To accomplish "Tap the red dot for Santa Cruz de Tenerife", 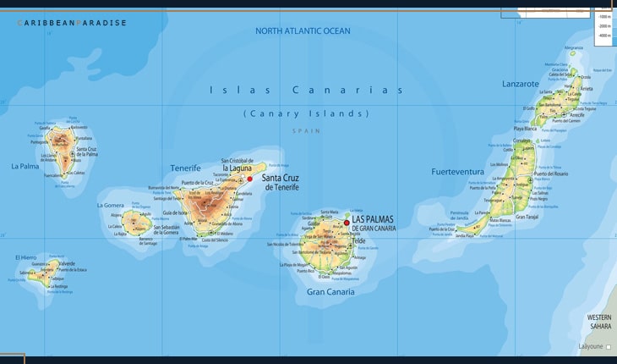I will point(249,179).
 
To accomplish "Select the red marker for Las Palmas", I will point(347,223).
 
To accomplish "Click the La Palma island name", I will point(25,167).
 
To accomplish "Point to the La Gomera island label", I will point(111,205).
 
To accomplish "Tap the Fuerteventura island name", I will point(457,172).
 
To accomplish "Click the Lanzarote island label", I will point(520,85).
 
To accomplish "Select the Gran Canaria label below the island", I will point(330,292).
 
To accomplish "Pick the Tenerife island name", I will point(186,168).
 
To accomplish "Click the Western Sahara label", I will point(598,321).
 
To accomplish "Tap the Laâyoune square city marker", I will point(609,347).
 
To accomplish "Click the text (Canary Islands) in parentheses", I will point(306,113).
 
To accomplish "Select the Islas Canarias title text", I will point(306,90).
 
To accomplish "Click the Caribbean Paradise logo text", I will point(72,23).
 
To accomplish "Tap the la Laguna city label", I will point(240,168).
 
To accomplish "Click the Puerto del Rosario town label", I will point(549,174).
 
